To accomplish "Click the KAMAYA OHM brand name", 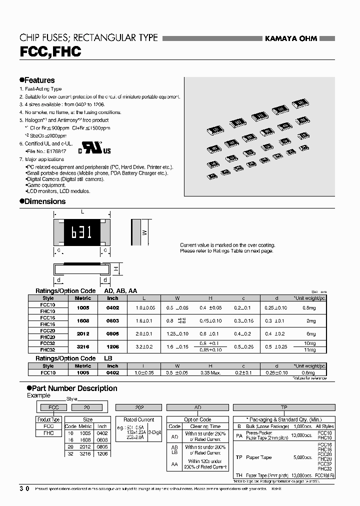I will [x=290, y=38].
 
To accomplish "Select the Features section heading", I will [x=37, y=80].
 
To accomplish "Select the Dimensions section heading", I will [x=42, y=201].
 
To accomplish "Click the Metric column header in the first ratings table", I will [x=83, y=298].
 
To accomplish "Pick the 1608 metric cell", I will [x=83, y=321].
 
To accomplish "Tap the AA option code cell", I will [x=175, y=463].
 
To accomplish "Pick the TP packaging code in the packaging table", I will [x=239, y=457].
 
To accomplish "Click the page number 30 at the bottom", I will [x=24, y=488].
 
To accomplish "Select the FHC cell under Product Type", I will [x=48, y=433].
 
